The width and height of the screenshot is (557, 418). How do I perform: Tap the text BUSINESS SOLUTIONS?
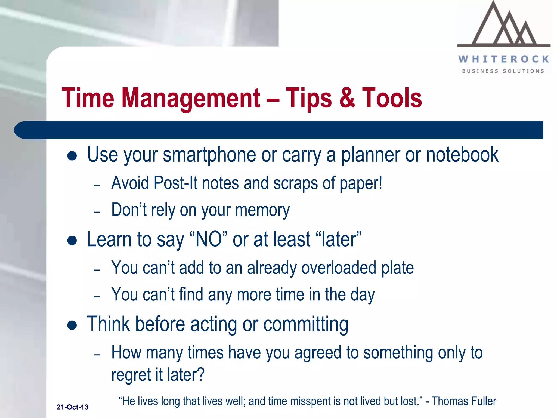click(x=503, y=71)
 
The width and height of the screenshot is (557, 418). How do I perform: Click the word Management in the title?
click(x=190, y=98)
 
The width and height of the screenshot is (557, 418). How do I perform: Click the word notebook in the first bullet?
click(x=462, y=155)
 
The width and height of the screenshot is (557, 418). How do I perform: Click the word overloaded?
click(x=339, y=268)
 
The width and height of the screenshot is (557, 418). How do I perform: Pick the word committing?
click(x=306, y=324)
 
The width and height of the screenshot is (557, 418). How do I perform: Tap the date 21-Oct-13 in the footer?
click(x=72, y=407)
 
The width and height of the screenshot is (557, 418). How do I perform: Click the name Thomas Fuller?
click(x=464, y=401)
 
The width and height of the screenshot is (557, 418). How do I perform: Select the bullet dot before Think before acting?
click(x=72, y=325)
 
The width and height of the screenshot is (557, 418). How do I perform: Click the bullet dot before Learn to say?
click(x=72, y=240)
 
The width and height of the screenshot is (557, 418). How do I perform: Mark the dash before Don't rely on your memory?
click(x=97, y=212)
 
